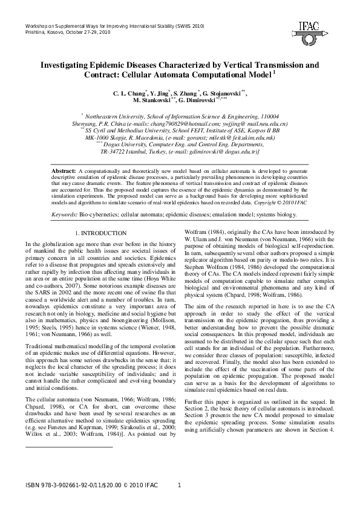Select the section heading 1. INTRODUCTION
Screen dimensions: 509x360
100,233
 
